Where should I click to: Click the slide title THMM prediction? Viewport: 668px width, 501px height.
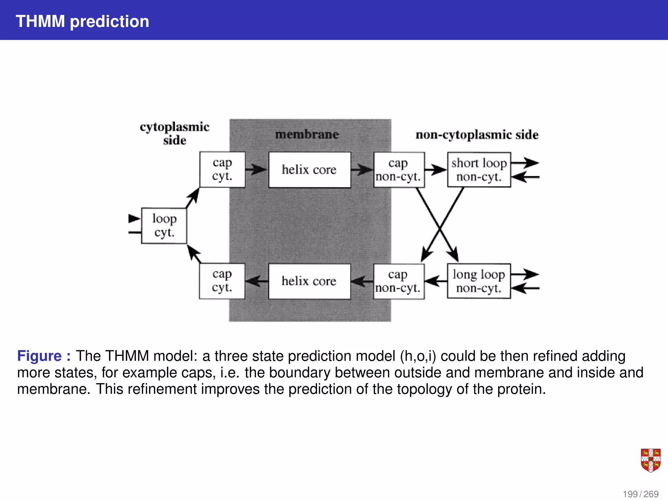tap(82, 22)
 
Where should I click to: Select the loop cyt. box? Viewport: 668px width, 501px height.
tap(164, 226)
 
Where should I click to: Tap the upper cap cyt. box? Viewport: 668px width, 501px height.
tap(222, 170)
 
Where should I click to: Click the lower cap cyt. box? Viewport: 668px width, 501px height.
tap(222, 281)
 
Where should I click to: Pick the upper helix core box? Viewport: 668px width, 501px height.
tap(309, 170)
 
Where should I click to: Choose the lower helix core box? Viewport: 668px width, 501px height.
tap(309, 281)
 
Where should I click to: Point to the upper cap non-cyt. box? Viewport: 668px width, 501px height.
tap(399, 170)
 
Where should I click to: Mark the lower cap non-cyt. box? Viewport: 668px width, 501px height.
tap(398, 281)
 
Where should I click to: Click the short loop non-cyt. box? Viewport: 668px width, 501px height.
tap(479, 170)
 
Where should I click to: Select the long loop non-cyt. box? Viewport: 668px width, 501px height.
tap(478, 281)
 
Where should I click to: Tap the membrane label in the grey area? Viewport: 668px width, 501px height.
tap(307, 134)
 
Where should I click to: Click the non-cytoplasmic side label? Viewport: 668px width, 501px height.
tap(477, 135)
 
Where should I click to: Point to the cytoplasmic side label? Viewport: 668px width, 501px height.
tap(175, 133)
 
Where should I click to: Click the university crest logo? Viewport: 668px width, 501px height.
tap(650, 460)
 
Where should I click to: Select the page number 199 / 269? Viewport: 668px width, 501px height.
tap(641, 494)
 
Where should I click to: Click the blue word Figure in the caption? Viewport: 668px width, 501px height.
tap(39, 356)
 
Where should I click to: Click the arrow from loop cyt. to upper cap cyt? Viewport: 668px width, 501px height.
tap(193, 198)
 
